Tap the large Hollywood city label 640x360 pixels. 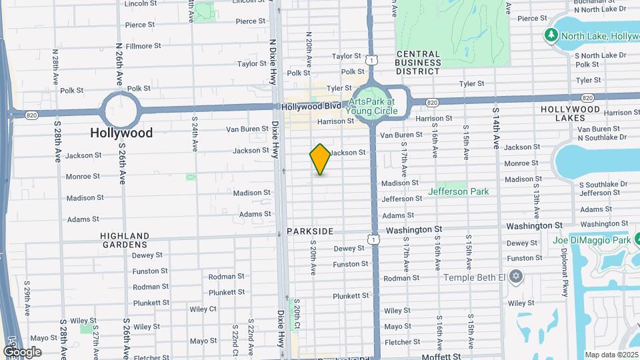(121, 133)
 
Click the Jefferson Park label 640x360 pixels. (458, 191)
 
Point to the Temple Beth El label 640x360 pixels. (474, 276)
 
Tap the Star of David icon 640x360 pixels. (515, 275)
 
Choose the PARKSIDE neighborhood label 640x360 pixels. (310, 231)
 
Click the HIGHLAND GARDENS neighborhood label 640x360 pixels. (125, 240)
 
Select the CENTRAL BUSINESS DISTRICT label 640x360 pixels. (418, 62)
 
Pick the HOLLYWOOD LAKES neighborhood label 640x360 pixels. (571, 113)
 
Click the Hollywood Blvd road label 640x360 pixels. (311, 107)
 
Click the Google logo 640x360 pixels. (22, 352)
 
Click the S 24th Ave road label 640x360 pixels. (195, 133)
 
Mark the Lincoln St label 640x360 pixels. (140, 4)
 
